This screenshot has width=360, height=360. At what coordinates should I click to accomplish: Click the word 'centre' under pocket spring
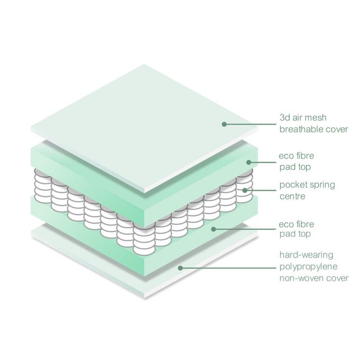(x=292, y=196)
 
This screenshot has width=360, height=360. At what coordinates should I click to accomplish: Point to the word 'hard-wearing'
(x=306, y=255)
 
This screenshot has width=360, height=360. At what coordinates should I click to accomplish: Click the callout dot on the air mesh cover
(x=224, y=124)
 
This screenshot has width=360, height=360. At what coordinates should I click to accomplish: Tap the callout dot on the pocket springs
(x=245, y=190)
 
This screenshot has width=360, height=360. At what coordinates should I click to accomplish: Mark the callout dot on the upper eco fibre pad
(x=249, y=162)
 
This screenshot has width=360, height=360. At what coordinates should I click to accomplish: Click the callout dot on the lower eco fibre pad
(x=213, y=229)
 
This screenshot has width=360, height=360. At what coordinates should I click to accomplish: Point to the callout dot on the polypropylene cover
(x=180, y=268)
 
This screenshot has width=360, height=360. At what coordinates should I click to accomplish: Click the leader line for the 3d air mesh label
(x=250, y=124)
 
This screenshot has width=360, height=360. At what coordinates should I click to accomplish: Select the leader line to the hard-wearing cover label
(x=228, y=268)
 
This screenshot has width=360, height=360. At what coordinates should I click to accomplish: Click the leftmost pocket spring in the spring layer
(x=43, y=186)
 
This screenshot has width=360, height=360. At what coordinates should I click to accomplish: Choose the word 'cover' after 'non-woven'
(x=337, y=279)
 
